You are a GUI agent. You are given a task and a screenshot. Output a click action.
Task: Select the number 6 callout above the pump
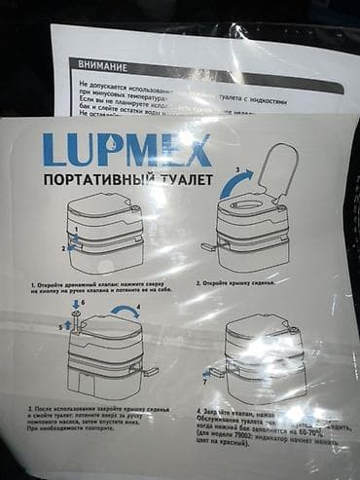click(84, 303)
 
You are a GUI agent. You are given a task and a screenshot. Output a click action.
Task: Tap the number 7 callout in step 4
click(204, 382)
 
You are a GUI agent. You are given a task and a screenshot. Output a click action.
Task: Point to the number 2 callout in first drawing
click(65, 249)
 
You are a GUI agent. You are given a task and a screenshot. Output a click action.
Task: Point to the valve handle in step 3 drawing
click(149, 371)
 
